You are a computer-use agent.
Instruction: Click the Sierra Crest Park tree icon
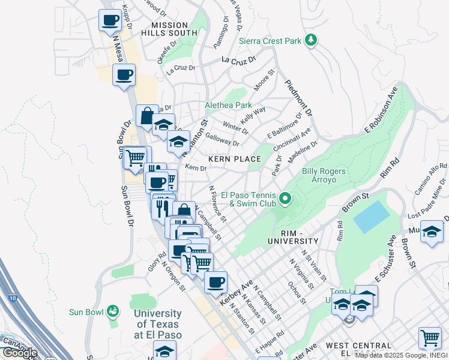click(x=310, y=41)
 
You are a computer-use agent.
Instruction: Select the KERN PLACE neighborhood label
click(x=235, y=159)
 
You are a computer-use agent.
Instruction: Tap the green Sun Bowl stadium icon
click(x=112, y=311)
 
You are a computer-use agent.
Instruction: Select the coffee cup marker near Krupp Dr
click(x=110, y=21)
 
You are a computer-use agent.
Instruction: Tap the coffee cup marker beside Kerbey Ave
click(x=215, y=281)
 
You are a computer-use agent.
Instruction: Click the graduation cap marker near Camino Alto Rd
click(x=432, y=232)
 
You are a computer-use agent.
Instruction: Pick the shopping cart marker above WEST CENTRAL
click(x=430, y=338)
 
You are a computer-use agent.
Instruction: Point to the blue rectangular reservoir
click(x=370, y=217)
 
